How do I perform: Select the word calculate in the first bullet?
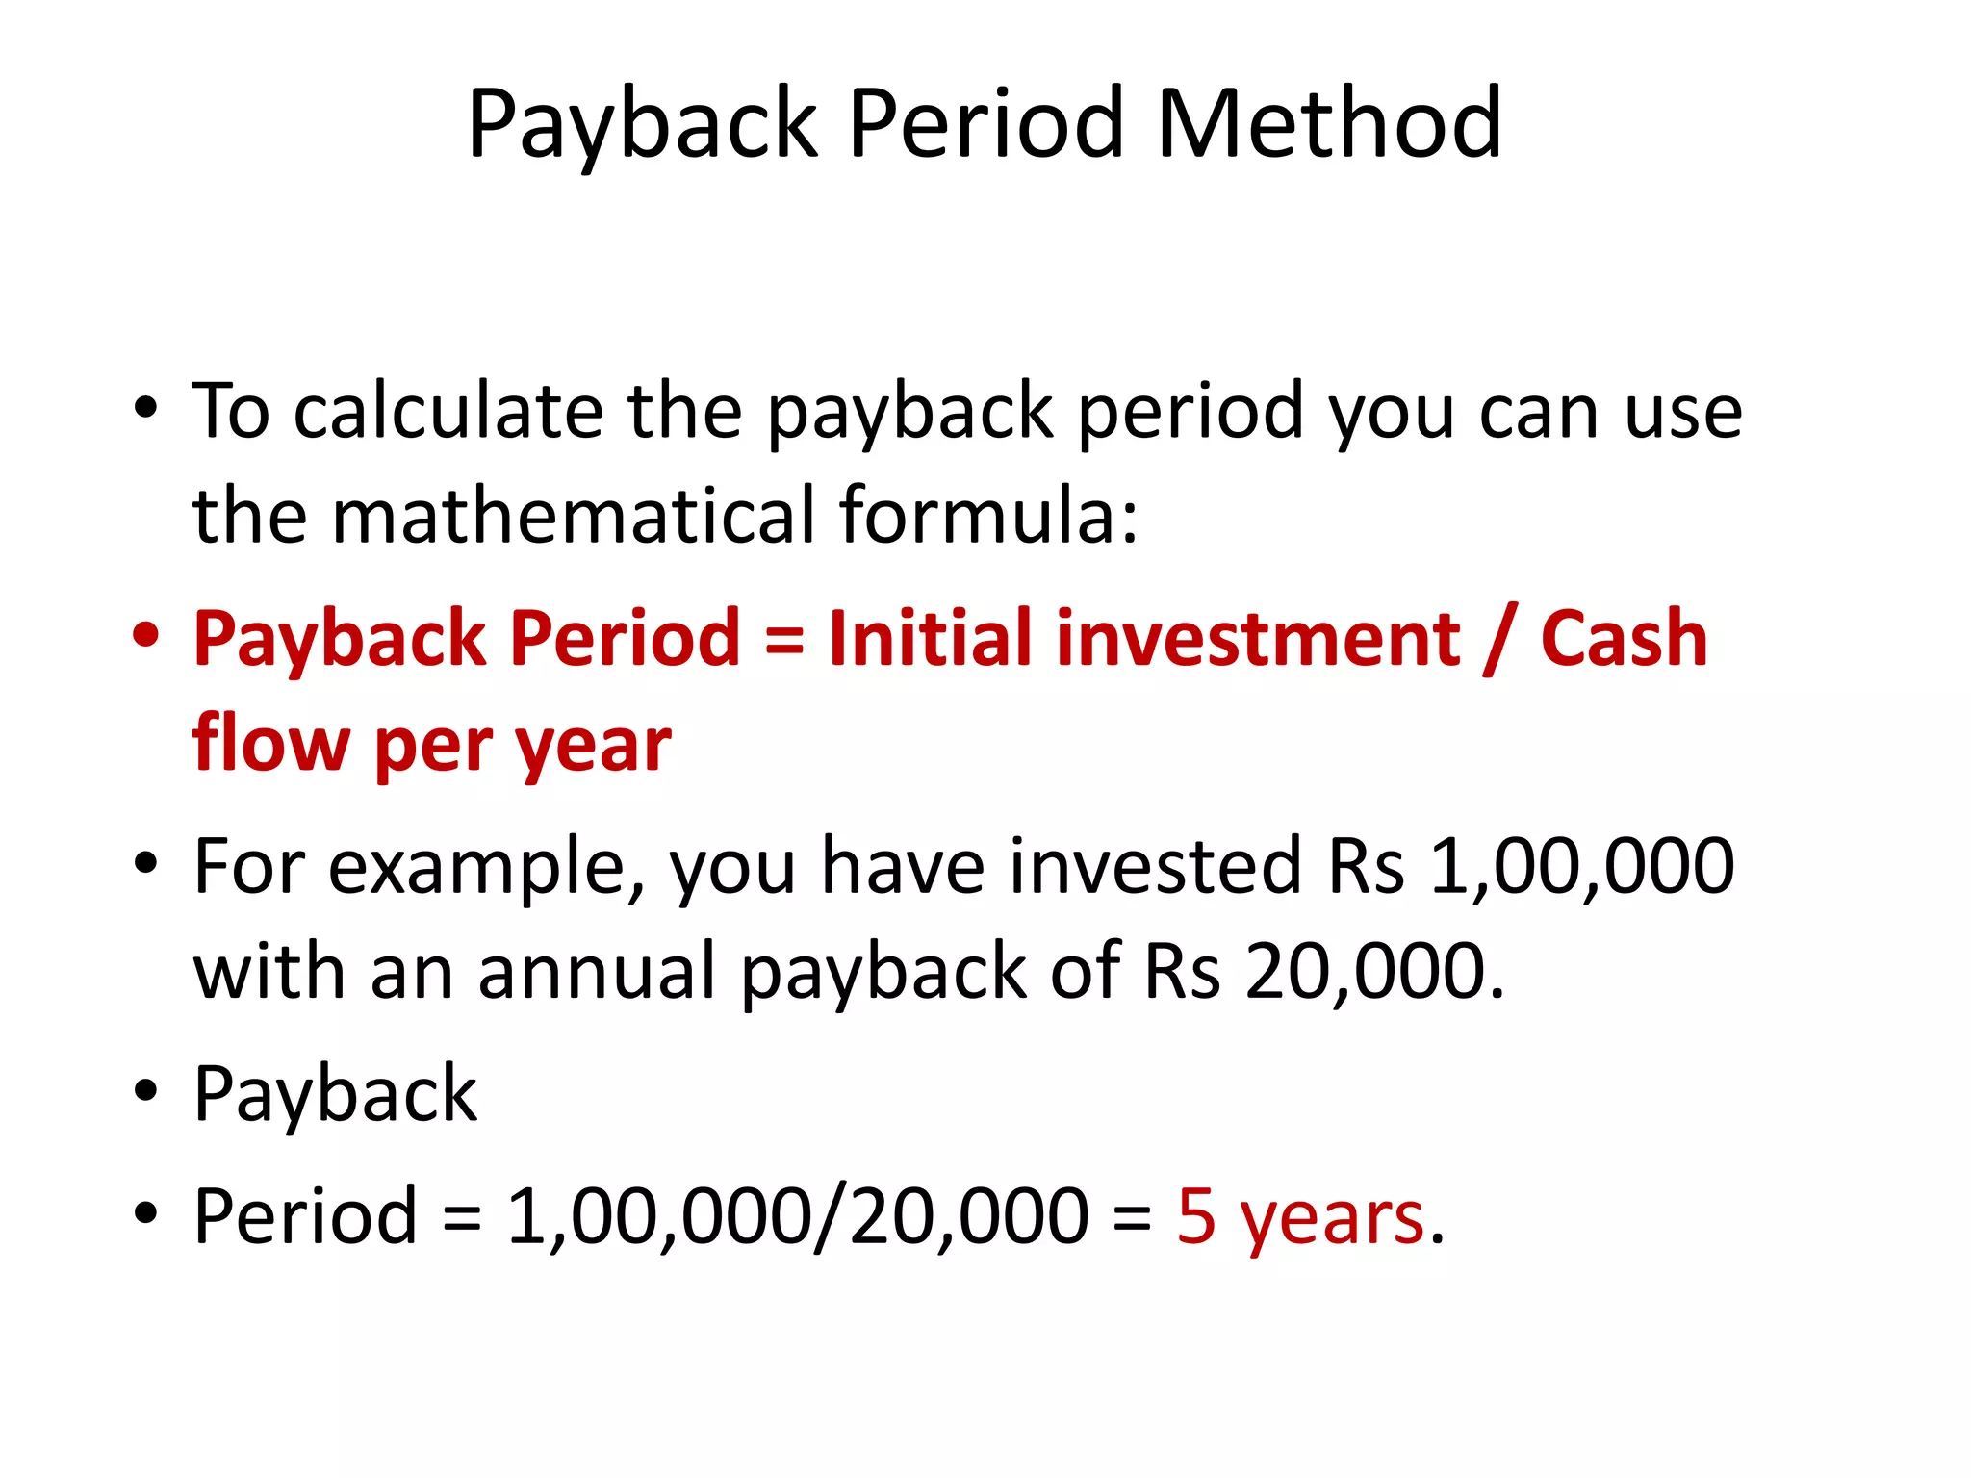[448, 412]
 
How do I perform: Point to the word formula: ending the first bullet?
[988, 516]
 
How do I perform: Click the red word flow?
[270, 743]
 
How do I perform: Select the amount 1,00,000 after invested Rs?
[1581, 866]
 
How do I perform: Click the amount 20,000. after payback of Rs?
[1374, 971]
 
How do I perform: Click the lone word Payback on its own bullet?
[335, 1094]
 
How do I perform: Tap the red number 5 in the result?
[1196, 1216]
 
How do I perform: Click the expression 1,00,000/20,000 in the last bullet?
[798, 1216]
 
